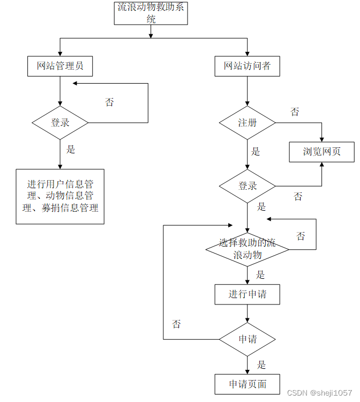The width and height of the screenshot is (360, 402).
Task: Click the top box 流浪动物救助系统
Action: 151,13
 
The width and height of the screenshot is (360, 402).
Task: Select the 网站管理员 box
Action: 60,66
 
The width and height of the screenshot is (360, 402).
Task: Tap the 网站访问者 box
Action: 247,66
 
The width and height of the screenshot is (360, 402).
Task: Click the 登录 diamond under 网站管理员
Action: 60,123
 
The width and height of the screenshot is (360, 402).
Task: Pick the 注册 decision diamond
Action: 247,123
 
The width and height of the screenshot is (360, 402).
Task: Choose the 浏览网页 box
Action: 321,152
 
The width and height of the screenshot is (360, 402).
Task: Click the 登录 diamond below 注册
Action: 247,186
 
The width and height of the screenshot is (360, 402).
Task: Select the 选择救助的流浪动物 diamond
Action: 247,249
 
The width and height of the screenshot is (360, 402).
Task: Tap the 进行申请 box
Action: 247,294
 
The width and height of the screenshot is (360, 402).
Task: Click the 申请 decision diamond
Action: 247,339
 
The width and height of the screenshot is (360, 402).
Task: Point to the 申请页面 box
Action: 247,384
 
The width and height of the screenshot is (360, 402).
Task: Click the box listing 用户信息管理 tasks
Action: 60,196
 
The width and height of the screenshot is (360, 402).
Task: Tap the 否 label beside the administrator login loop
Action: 109,102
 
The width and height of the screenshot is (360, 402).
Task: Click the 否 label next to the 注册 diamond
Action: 295,112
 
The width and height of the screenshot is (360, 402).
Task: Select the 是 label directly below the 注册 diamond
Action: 256,152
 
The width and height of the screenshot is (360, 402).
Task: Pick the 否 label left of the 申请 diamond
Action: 176,324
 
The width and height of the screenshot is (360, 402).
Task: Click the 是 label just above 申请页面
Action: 261,365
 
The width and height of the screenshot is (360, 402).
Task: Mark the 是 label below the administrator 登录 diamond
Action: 70,150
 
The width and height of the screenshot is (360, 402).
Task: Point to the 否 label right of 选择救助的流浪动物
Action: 301,236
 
